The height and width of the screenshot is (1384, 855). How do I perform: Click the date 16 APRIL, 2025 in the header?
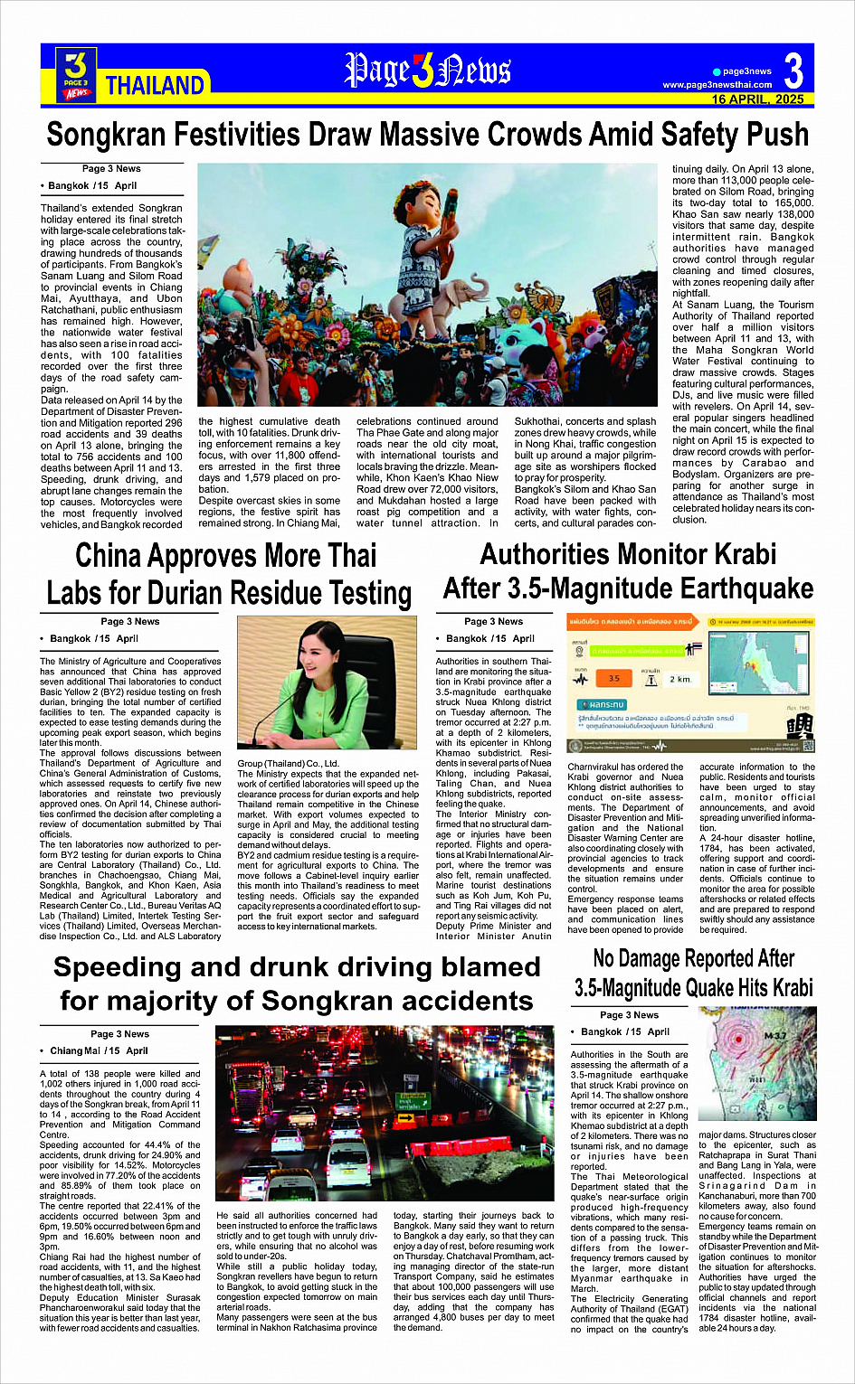(x=757, y=99)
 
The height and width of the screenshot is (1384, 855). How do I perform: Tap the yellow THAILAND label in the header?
(x=155, y=86)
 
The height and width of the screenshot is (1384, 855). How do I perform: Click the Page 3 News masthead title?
(x=427, y=71)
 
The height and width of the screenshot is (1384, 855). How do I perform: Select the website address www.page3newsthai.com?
(x=717, y=85)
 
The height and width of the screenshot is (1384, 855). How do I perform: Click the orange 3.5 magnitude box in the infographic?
(x=614, y=678)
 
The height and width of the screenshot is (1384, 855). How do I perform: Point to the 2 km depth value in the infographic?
(x=679, y=679)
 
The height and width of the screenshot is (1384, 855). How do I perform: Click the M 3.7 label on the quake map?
(x=775, y=1036)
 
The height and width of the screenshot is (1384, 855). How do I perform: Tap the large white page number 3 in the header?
(x=793, y=71)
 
